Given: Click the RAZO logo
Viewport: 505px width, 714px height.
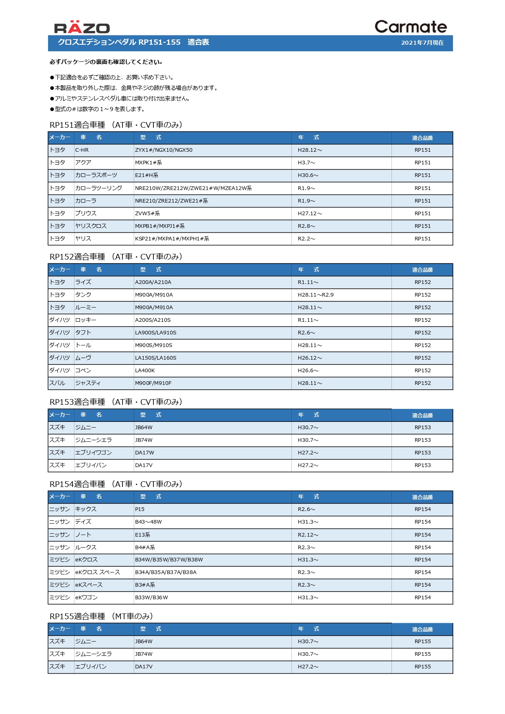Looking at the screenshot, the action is (82, 27).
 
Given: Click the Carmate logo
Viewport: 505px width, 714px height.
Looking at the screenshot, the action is (410, 27).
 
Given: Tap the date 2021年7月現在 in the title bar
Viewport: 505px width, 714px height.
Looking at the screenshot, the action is (422, 43).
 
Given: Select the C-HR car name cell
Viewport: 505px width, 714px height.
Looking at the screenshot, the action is (82, 150).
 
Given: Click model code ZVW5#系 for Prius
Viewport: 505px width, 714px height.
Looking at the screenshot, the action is (147, 214).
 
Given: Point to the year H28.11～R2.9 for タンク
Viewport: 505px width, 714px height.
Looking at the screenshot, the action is (315, 295).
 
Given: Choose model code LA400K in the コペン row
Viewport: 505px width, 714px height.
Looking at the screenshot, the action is (145, 371).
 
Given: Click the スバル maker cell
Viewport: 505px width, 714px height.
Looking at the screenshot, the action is (57, 383).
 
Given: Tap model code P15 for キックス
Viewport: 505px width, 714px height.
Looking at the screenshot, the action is (140, 509).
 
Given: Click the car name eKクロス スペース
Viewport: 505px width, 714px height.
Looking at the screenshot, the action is (98, 572).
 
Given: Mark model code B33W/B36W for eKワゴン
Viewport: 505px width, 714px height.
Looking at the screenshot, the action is (151, 598).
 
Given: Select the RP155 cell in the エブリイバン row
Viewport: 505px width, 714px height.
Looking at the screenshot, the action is (422, 667).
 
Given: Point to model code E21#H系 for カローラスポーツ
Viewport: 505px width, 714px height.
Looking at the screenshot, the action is (146, 175).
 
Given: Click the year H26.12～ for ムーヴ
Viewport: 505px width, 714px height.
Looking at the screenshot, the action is (310, 358).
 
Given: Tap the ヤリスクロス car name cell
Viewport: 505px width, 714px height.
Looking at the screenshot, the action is (91, 226).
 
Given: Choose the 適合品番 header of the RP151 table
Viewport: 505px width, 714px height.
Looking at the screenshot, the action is (422, 138).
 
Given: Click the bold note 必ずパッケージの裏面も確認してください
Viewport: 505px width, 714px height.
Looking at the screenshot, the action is (106, 62).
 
